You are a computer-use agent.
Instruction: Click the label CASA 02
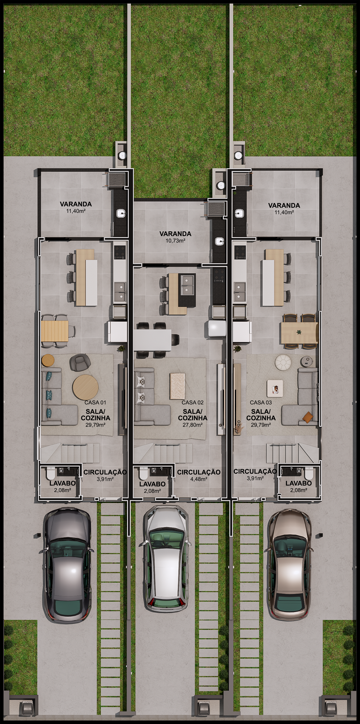tap(193, 402)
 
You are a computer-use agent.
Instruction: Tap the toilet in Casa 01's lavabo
tap(51, 474)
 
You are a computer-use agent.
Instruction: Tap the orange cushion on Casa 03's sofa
tap(307, 416)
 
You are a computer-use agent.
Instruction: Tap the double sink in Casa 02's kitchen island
tap(188, 284)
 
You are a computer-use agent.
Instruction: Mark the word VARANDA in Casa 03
tap(284, 205)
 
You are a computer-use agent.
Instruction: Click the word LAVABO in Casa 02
tap(152, 484)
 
